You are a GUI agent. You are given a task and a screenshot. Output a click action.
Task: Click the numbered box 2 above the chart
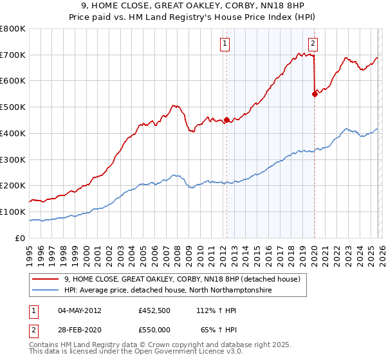click(313, 44)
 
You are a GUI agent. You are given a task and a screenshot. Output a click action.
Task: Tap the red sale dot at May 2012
click(226, 120)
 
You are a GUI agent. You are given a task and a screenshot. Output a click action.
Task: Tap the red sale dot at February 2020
click(315, 94)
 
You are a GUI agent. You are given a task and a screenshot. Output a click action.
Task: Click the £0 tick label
click(19, 238)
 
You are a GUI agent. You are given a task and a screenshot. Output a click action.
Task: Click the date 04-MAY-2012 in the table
click(80, 310)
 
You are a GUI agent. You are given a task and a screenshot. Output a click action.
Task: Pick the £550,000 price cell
click(154, 329)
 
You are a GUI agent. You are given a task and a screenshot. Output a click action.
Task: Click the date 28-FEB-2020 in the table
click(80, 329)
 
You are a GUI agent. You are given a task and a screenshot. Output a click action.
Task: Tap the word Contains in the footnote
click(44, 345)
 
